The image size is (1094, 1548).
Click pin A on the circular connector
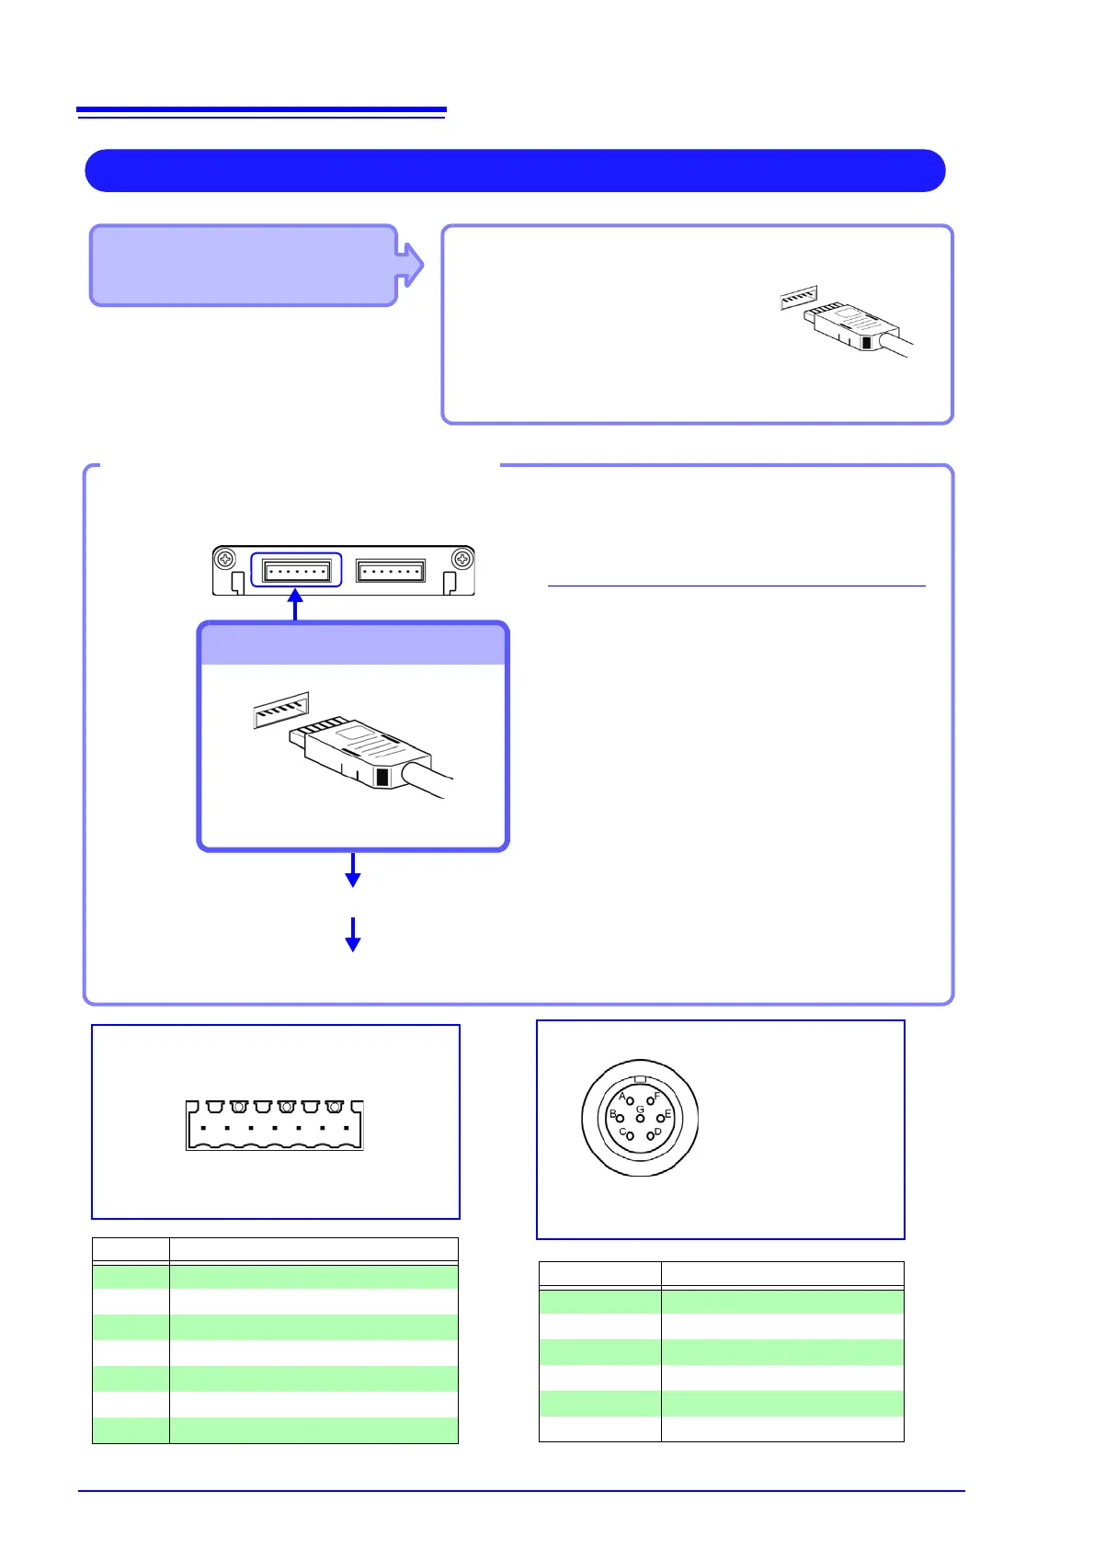630,1101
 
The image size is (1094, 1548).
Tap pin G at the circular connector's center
640,1118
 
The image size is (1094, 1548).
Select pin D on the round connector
650,1136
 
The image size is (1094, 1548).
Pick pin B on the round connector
620,1118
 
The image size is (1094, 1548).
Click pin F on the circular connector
650,1100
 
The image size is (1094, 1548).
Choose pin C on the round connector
630,1136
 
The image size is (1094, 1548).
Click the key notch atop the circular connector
641,1079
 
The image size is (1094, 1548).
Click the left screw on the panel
225,559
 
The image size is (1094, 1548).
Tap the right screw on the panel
462,559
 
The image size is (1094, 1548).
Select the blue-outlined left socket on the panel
296,571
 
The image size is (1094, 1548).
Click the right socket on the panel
391,571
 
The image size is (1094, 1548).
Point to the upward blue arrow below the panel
295,603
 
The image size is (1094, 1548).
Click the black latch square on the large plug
383,778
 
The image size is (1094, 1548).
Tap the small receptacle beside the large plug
281,710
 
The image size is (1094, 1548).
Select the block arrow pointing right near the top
411,265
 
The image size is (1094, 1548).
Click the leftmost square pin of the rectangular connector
202,1128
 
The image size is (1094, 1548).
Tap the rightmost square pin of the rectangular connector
346,1128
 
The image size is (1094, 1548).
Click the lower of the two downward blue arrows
352,934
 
